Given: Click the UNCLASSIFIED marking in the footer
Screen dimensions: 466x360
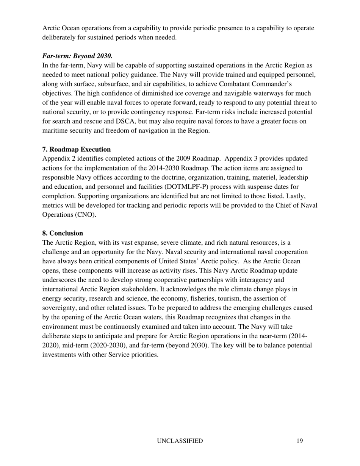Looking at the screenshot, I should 180,441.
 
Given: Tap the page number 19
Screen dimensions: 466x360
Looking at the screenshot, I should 300,441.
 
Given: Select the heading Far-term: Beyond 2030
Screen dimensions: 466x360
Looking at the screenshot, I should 77,56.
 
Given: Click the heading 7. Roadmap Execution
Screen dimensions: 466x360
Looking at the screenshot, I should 77,149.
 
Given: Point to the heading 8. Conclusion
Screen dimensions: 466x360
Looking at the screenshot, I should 63,233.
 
